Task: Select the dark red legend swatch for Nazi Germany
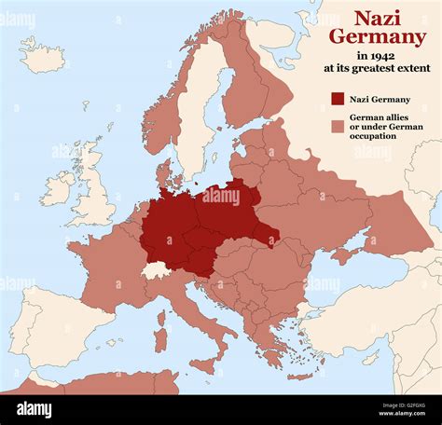pos(337,99)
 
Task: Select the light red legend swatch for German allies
pos(337,124)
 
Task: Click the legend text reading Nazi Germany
pos(380,99)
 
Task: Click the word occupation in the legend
pos(373,136)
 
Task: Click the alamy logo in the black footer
pos(35,410)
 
